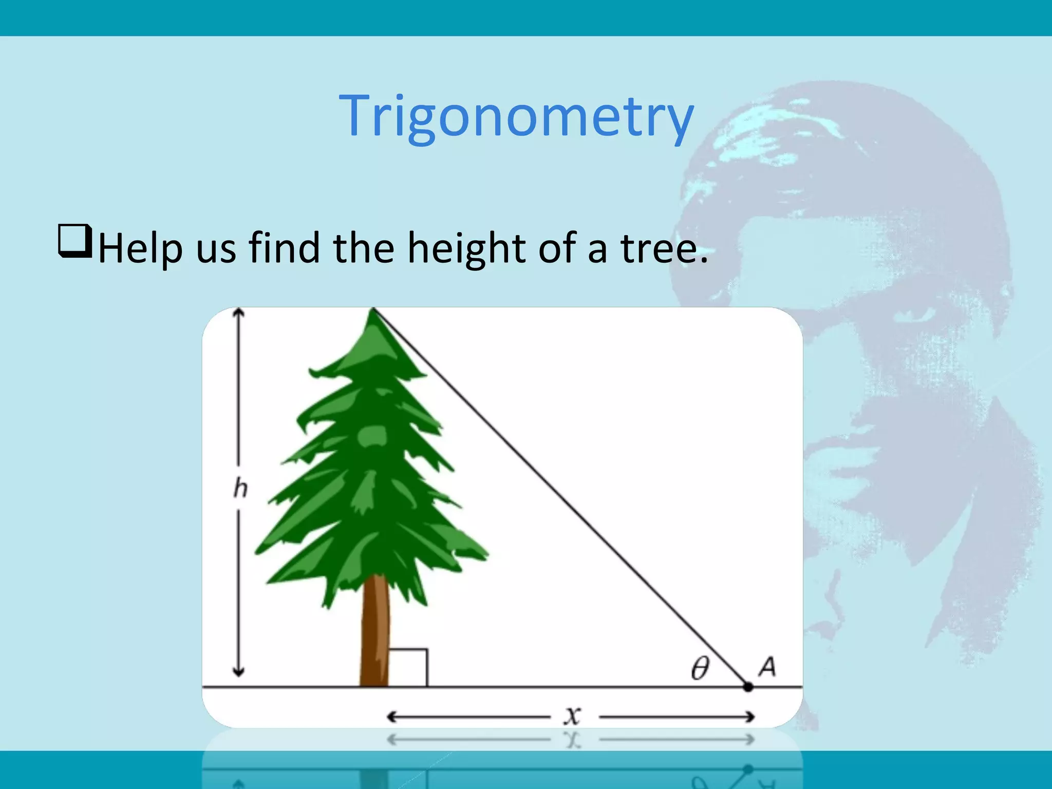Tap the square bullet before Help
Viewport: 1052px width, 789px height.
click(75, 241)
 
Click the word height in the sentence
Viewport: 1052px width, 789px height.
click(466, 249)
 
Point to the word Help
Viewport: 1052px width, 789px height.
click(140, 249)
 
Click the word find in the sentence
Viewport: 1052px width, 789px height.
click(285, 248)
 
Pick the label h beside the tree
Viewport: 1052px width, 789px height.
click(240, 488)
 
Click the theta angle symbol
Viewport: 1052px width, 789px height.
click(700, 668)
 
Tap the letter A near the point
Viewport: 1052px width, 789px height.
click(767, 667)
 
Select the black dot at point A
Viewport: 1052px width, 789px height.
click(748, 687)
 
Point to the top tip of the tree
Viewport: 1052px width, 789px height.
click(373, 310)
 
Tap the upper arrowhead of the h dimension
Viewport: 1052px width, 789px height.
click(238, 312)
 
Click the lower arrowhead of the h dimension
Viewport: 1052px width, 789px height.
click(238, 672)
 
